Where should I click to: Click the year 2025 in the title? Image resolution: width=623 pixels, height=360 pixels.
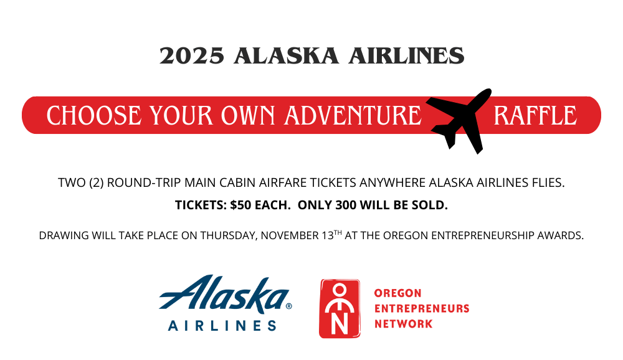(192, 55)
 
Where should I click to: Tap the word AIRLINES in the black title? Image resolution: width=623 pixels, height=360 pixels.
(406, 55)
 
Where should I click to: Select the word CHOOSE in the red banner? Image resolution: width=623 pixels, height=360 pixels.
(94, 116)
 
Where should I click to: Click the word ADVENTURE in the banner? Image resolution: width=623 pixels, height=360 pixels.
(353, 116)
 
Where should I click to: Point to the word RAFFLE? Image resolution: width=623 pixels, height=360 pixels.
(535, 116)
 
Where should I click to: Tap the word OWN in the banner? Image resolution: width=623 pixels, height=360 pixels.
(248, 116)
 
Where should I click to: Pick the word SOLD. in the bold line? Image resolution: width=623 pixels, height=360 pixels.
(432, 205)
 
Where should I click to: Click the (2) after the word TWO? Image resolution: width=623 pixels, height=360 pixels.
(97, 182)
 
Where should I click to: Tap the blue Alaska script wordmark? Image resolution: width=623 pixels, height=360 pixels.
(225, 294)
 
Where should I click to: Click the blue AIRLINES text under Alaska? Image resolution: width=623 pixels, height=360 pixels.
(222, 326)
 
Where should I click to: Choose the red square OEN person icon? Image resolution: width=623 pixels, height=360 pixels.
(340, 309)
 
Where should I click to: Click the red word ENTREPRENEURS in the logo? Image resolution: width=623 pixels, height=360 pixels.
(422, 309)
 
